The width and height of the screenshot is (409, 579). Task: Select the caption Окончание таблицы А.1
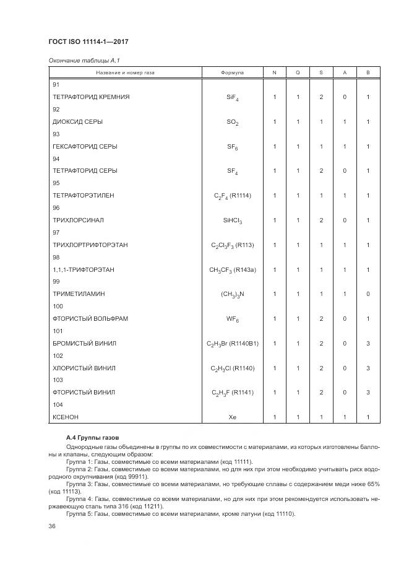click(x=79, y=60)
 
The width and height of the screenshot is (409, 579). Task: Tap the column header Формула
click(x=232, y=73)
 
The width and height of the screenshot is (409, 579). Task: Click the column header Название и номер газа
click(x=125, y=73)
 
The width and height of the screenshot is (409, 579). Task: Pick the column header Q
click(x=297, y=73)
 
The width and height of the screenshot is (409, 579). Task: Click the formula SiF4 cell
click(x=232, y=97)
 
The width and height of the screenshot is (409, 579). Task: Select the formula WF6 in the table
click(x=232, y=319)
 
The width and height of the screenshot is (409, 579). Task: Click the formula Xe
click(x=232, y=417)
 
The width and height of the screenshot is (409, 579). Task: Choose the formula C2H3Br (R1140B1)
click(x=232, y=343)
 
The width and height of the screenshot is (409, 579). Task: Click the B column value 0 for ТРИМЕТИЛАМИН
click(x=368, y=294)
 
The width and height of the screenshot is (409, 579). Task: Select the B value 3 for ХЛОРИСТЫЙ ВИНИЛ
click(x=368, y=368)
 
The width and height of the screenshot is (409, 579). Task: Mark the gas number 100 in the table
click(x=58, y=306)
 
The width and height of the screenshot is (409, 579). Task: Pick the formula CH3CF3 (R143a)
click(x=232, y=270)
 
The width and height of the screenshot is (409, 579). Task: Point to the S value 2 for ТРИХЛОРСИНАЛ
click(x=321, y=220)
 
